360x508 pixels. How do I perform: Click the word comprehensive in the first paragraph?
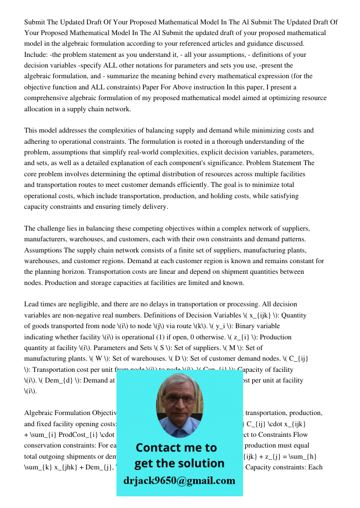click(47, 98)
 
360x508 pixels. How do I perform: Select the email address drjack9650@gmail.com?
click(179, 481)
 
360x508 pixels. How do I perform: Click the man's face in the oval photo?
click(179, 401)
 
